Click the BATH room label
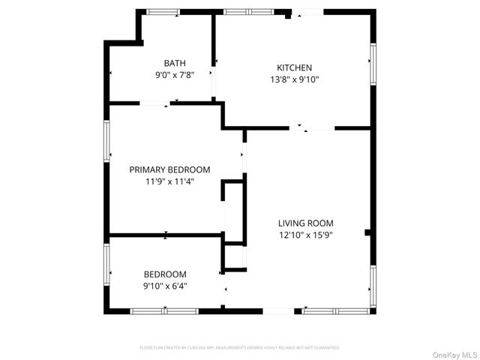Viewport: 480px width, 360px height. click(175, 64)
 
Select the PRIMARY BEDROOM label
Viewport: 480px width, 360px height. click(169, 169)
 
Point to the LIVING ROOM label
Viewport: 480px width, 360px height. click(305, 223)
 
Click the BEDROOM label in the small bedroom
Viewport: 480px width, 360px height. click(165, 274)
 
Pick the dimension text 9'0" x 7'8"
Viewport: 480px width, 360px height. click(175, 75)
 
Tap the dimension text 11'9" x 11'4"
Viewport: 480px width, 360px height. click(169, 181)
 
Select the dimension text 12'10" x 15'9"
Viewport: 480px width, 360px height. click(305, 234)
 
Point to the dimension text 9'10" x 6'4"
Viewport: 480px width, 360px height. click(165, 286)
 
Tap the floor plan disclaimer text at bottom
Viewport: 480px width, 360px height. click(239, 348)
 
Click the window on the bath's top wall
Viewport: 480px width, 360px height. click(163, 12)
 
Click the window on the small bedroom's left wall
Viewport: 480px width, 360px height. click(106, 259)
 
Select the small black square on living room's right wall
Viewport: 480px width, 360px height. click(367, 233)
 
